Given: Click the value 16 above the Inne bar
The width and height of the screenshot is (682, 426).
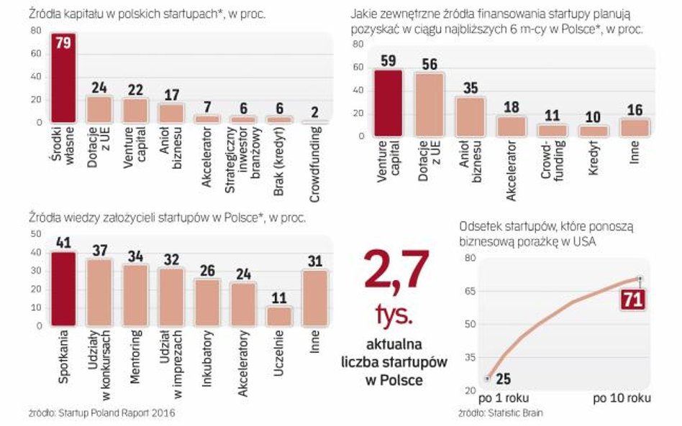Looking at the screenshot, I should click(634, 109).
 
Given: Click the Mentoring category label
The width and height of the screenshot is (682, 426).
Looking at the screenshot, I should click(137, 359).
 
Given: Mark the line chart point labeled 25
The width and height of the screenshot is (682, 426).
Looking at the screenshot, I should click(487, 377).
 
